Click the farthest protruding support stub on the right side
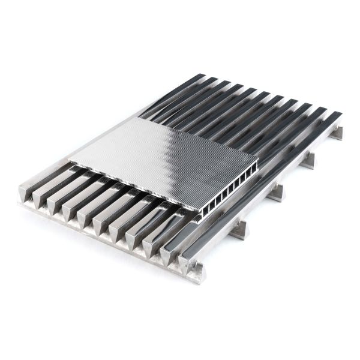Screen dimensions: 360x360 tap(337, 133)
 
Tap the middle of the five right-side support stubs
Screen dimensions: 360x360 tap(275, 193)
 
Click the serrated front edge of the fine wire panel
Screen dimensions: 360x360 tap(132, 187)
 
